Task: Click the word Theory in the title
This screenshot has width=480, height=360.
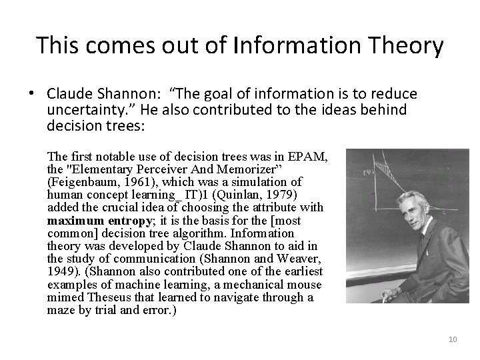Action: click(409, 46)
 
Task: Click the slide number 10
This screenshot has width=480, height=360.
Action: click(453, 340)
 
